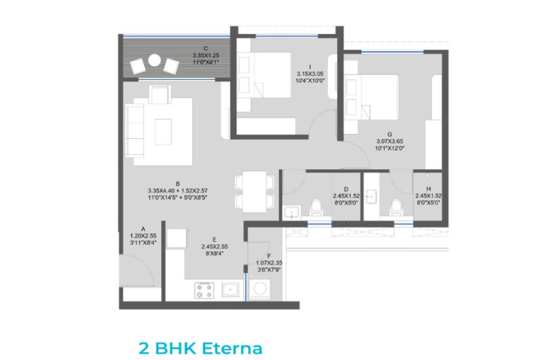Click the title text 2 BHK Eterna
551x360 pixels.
[200, 348]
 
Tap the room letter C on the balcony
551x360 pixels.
[206, 48]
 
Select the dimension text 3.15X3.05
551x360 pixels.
[310, 74]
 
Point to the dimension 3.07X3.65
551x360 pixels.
[390, 141]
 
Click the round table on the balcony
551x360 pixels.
[154, 60]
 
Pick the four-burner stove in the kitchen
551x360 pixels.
[204, 290]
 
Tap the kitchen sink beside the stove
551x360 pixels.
[230, 290]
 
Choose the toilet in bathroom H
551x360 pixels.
[397, 208]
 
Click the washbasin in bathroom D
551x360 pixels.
[292, 212]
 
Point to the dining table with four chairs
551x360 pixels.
[254, 191]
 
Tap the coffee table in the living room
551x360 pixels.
[163, 132]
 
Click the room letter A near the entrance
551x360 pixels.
[143, 229]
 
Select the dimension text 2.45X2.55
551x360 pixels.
[215, 247]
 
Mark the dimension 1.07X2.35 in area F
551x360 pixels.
[269, 263]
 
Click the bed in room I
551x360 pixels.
[264, 75]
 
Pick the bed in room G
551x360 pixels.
[372, 97]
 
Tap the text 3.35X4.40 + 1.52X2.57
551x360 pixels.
[177, 191]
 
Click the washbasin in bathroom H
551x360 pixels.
[371, 196]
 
